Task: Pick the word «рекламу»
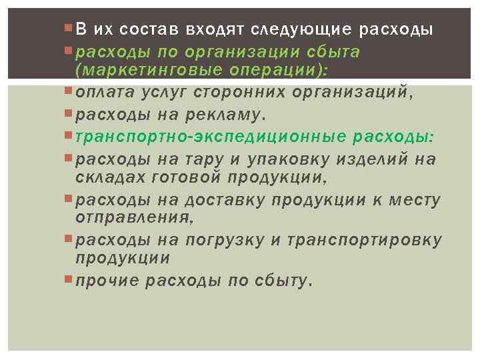(223, 115)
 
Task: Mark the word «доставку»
(230, 199)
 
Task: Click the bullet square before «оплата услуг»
(71, 91)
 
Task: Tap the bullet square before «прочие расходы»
(71, 279)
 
